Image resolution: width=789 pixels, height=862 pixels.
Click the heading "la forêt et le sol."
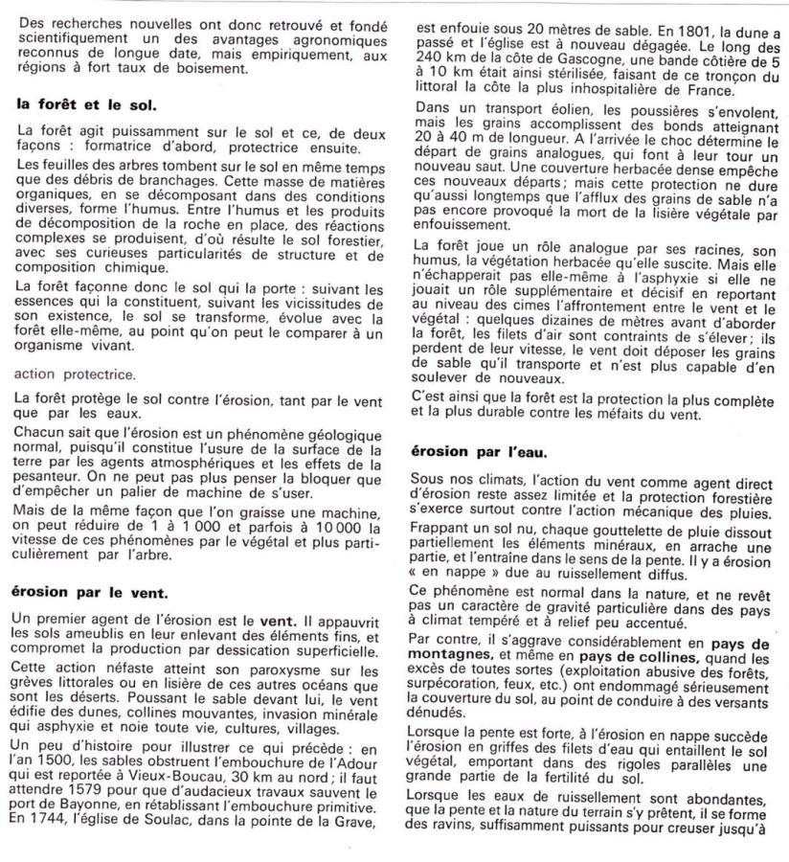coord(87,105)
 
